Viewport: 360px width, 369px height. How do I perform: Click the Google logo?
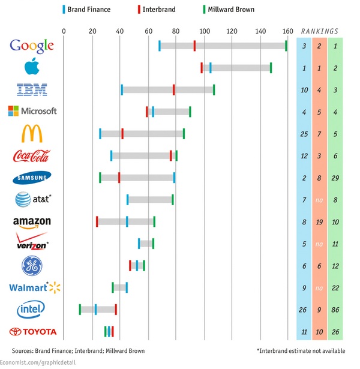pyautogui.click(x=32, y=46)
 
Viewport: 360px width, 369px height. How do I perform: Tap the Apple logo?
pyautogui.click(x=32, y=67)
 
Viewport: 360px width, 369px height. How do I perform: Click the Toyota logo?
pyautogui.click(x=33, y=331)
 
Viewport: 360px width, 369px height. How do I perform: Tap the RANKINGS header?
pyautogui.click(x=319, y=31)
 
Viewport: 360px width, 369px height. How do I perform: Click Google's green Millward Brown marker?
pyautogui.click(x=286, y=46)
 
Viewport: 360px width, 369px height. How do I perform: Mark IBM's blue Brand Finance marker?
pyautogui.click(x=122, y=89)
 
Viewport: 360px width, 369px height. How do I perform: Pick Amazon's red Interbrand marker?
pyautogui.click(x=97, y=222)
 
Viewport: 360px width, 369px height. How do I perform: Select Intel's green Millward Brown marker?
pyautogui.click(x=80, y=309)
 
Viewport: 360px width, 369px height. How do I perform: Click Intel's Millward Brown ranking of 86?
pyautogui.click(x=335, y=310)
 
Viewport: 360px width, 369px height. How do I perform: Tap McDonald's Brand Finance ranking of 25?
pyautogui.click(x=304, y=134)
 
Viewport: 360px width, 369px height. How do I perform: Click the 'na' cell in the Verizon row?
pyautogui.click(x=319, y=244)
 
